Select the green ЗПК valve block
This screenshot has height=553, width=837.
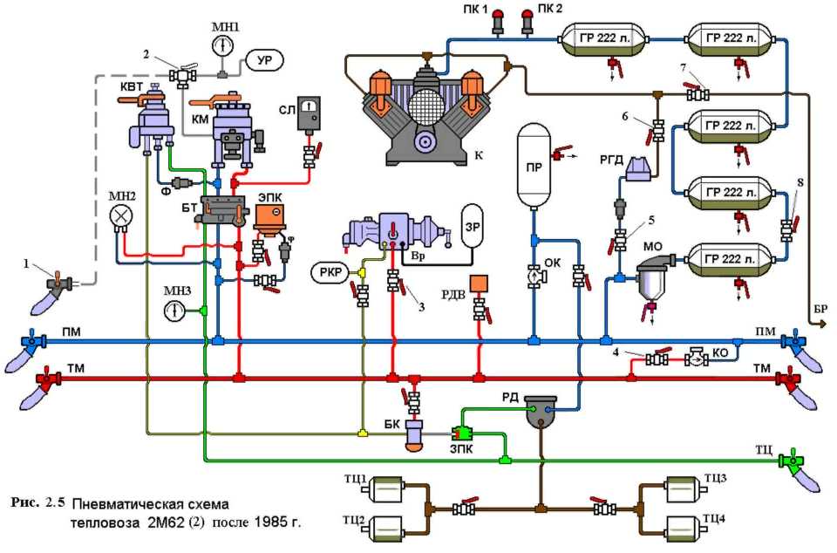click(461, 433)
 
